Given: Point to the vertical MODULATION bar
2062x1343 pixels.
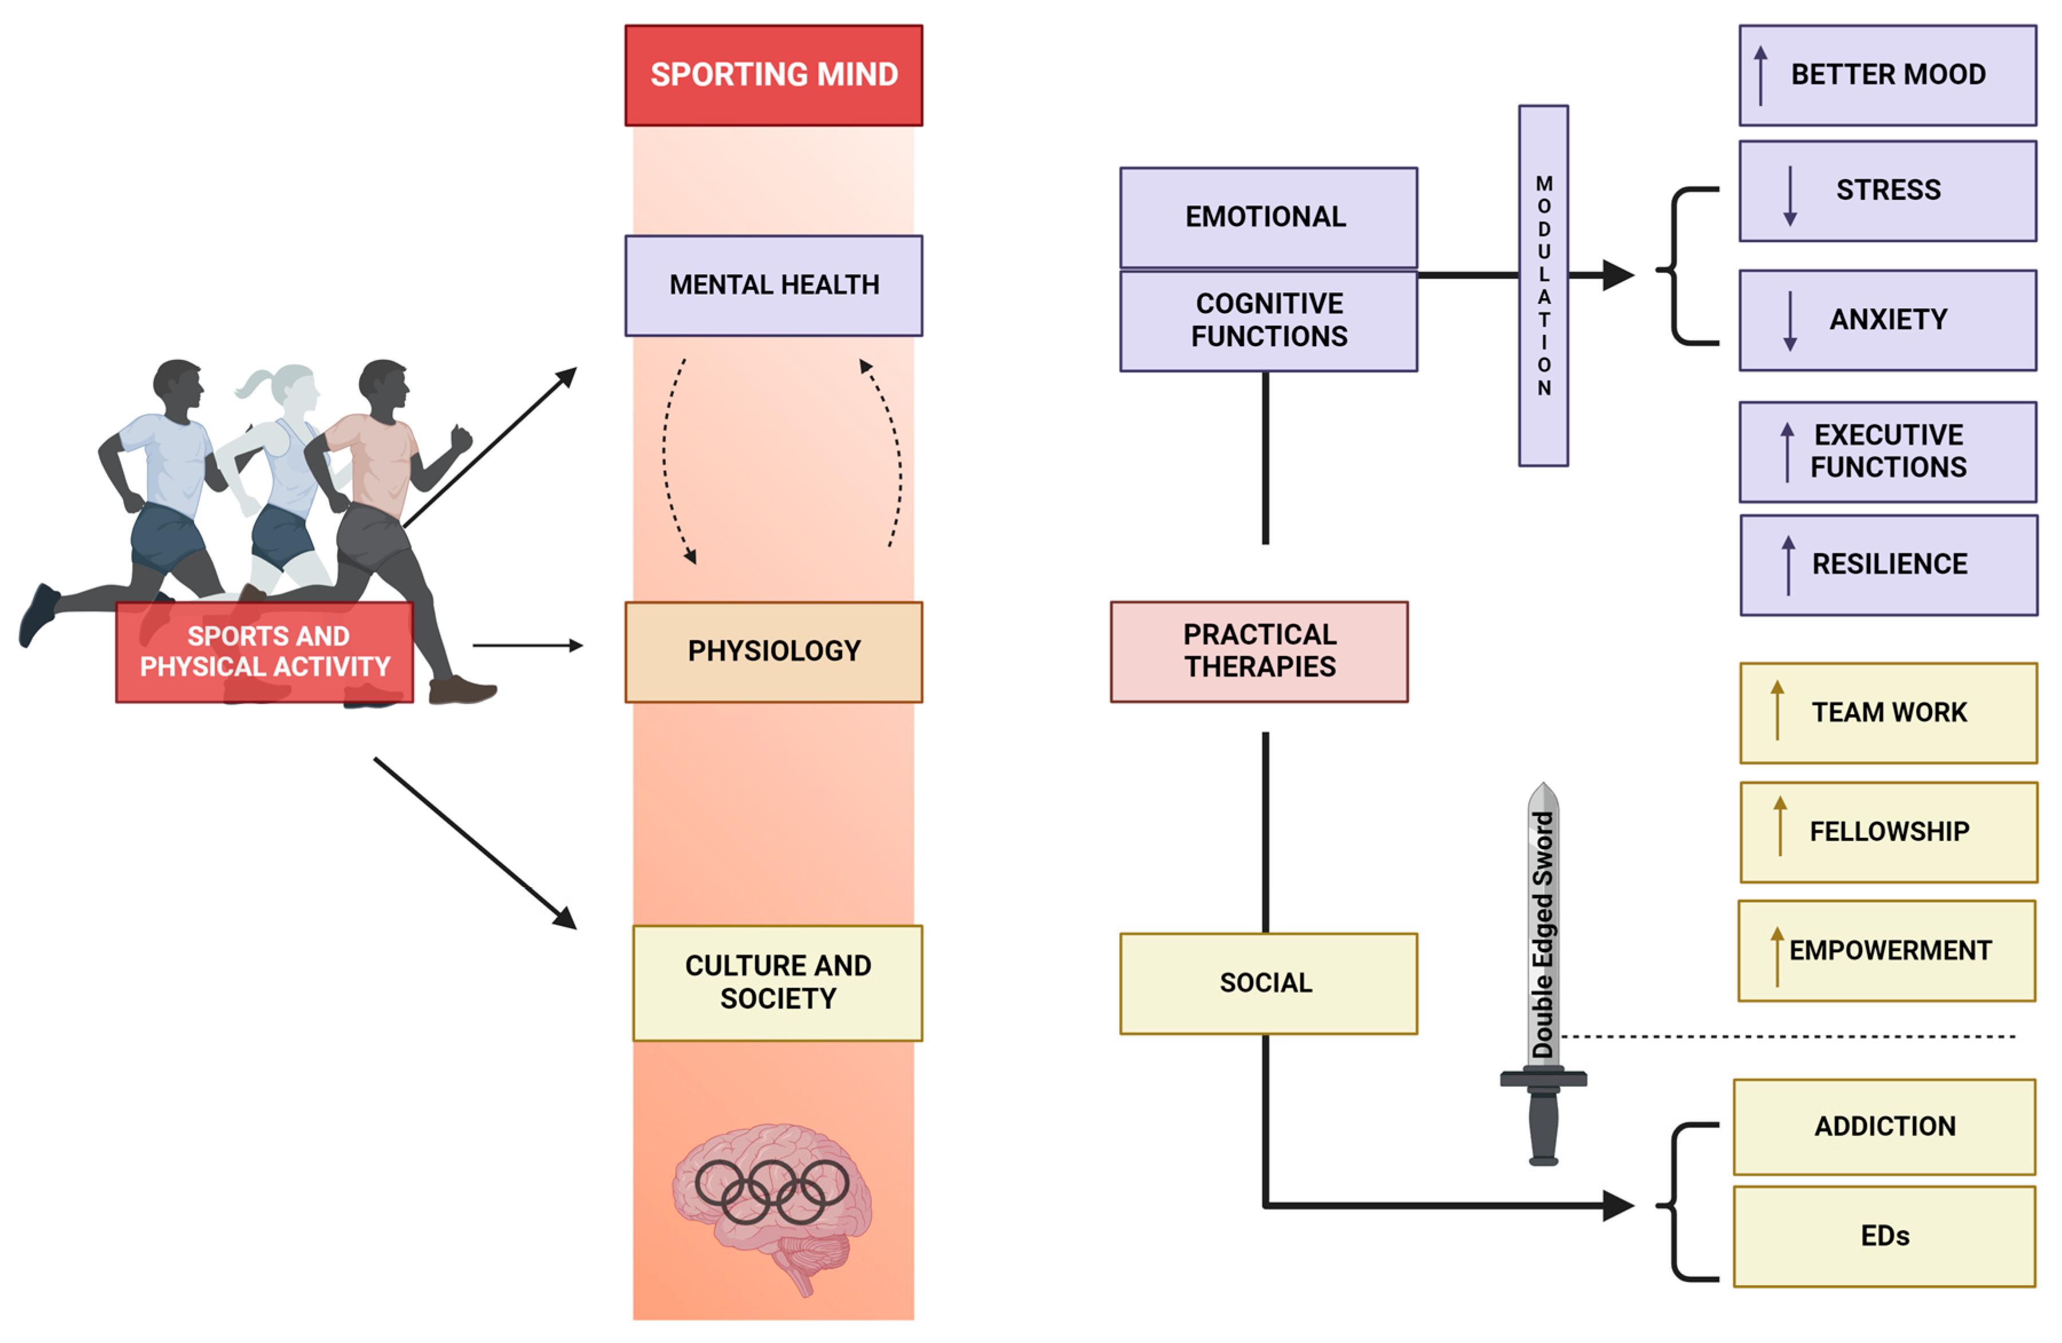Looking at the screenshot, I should [1543, 286].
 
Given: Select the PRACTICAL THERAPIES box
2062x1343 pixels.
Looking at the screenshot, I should [1259, 651].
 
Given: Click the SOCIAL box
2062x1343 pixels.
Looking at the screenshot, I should [1267, 983].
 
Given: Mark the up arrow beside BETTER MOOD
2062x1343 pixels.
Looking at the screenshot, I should [1760, 76].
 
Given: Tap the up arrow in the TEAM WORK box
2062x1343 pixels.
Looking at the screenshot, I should [1777, 710].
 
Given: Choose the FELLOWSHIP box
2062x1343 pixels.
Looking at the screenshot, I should [1889, 831].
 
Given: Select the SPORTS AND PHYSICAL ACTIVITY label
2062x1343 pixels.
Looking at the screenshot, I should [264, 651].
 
